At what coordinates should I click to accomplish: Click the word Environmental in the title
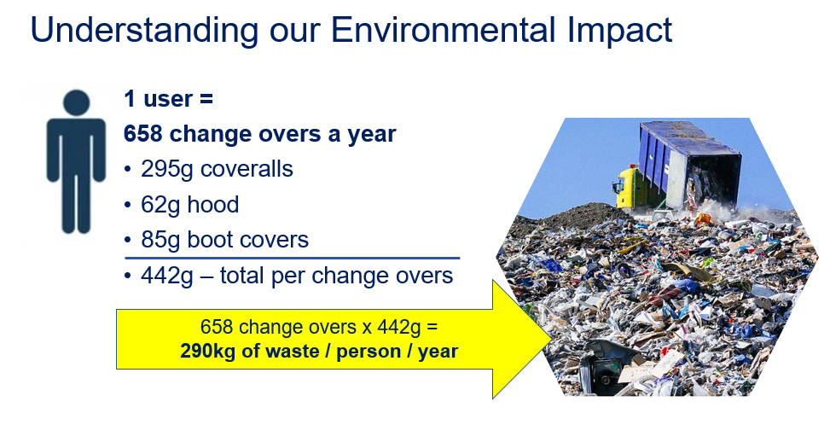[443, 29]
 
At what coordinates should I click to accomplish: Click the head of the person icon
[76, 102]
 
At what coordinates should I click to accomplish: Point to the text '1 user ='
[168, 98]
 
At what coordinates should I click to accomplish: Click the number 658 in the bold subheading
[143, 134]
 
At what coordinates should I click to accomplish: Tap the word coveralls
[247, 169]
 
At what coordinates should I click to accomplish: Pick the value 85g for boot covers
[160, 241]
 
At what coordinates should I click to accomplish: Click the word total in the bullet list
[242, 276]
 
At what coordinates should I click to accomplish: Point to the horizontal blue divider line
[293, 259]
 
